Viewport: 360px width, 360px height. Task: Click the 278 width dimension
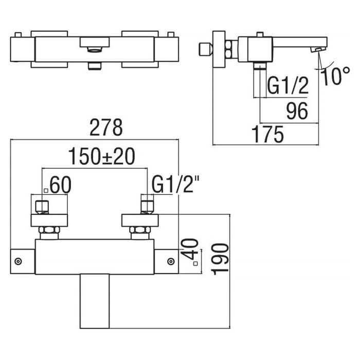click(x=106, y=128)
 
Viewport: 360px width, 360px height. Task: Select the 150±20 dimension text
click(x=102, y=156)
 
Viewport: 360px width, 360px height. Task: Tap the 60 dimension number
click(x=61, y=185)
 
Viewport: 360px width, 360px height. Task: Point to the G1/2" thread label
click(x=175, y=184)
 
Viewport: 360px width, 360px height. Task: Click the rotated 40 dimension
click(x=190, y=248)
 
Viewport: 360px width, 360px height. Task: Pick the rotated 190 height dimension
click(x=220, y=259)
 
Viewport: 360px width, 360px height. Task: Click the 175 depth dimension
click(x=268, y=134)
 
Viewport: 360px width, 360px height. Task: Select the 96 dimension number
click(x=297, y=111)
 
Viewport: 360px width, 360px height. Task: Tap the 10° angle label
click(x=335, y=76)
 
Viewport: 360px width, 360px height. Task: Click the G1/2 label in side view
click(x=287, y=85)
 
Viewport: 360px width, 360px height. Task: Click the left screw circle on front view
click(x=18, y=261)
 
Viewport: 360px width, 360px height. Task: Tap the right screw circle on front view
click(x=171, y=261)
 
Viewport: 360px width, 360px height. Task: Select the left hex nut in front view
click(x=49, y=230)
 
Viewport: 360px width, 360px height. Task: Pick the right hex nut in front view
click(x=140, y=230)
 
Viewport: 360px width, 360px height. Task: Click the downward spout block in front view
click(x=95, y=301)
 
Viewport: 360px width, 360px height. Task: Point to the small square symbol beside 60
click(x=46, y=190)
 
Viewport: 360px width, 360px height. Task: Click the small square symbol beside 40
click(x=195, y=263)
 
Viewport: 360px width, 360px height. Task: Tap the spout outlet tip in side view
click(x=318, y=49)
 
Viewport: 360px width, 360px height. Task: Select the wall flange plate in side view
click(x=219, y=49)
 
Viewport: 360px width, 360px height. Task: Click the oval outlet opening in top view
click(x=94, y=49)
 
